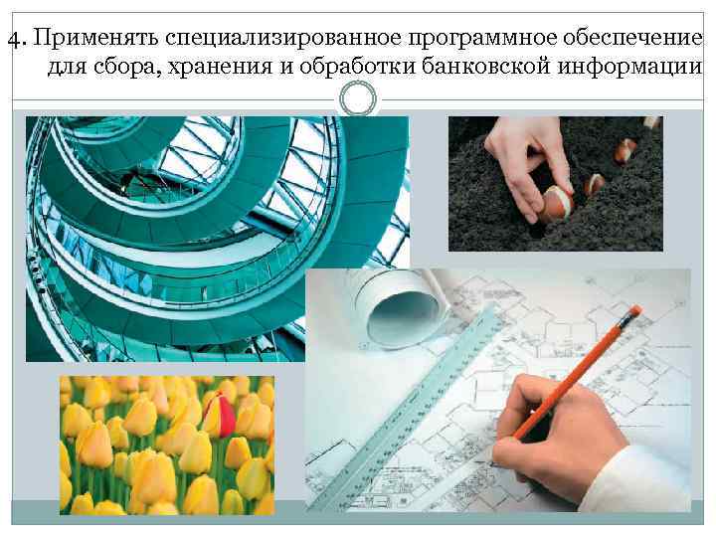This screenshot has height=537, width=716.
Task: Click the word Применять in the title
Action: [x=95, y=38]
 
